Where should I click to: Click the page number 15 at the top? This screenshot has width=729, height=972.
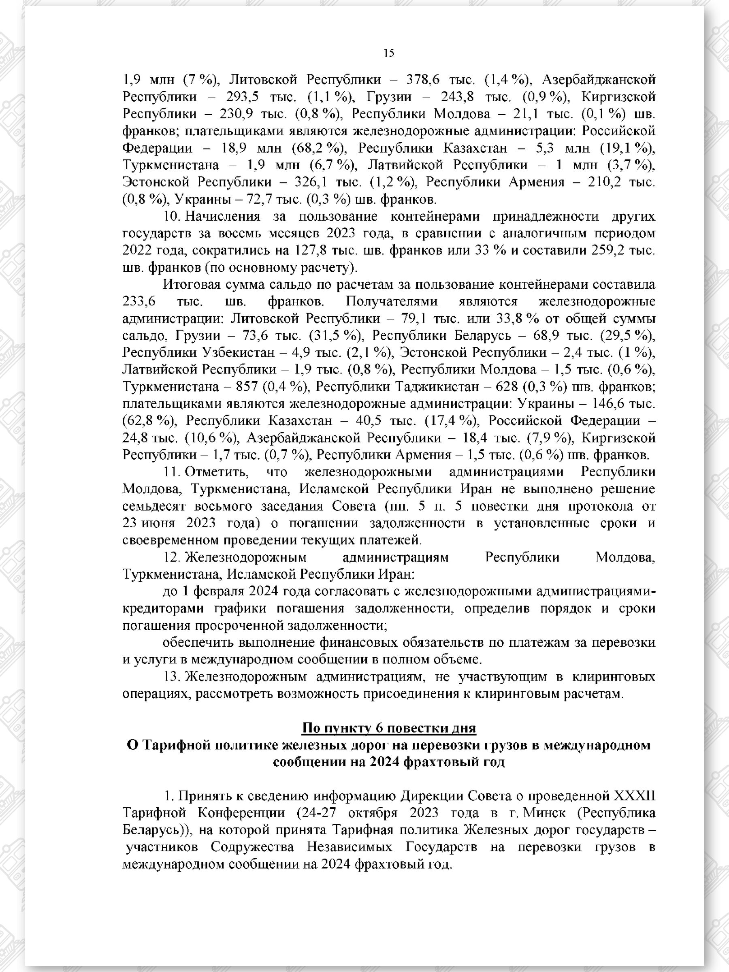coord(389,53)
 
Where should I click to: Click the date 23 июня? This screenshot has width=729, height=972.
coord(149,523)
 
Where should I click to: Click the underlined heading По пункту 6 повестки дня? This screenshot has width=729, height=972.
coord(389,728)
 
